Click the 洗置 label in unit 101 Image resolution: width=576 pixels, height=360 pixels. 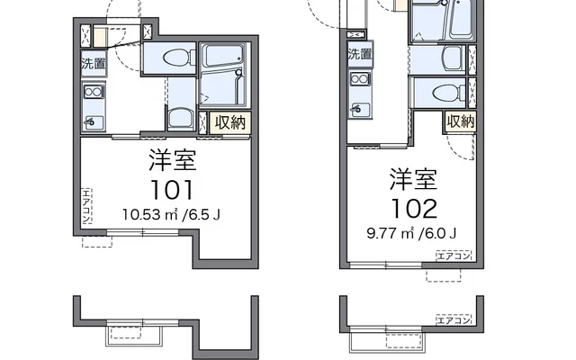pyautogui.click(x=94, y=64)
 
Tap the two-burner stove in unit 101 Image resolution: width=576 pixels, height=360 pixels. pyautogui.click(x=94, y=92)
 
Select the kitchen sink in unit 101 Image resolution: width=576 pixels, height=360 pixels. pyautogui.click(x=94, y=121)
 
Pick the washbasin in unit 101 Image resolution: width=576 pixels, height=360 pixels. pyautogui.click(x=181, y=118)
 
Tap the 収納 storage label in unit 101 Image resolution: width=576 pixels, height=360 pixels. pyautogui.click(x=230, y=122)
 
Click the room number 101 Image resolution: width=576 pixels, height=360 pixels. pyautogui.click(x=172, y=190)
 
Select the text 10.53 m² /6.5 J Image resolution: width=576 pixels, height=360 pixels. pyautogui.click(x=171, y=214)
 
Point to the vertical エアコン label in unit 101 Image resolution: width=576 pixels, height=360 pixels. pyautogui.click(x=86, y=206)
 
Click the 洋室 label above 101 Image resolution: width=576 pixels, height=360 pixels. pyautogui.click(x=172, y=160)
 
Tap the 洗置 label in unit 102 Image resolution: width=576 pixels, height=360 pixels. pyautogui.click(x=360, y=54)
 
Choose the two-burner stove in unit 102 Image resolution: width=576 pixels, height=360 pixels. pyautogui.click(x=360, y=79)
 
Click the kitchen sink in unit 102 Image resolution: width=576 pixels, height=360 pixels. pyautogui.click(x=360, y=109)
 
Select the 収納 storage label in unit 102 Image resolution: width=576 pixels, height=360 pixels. pyautogui.click(x=461, y=121)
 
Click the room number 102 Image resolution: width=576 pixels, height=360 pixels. pyautogui.click(x=414, y=208)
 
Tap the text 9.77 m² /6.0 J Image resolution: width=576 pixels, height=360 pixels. pyautogui.click(x=412, y=233)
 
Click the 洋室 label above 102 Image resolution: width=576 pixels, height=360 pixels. pyautogui.click(x=414, y=179)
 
